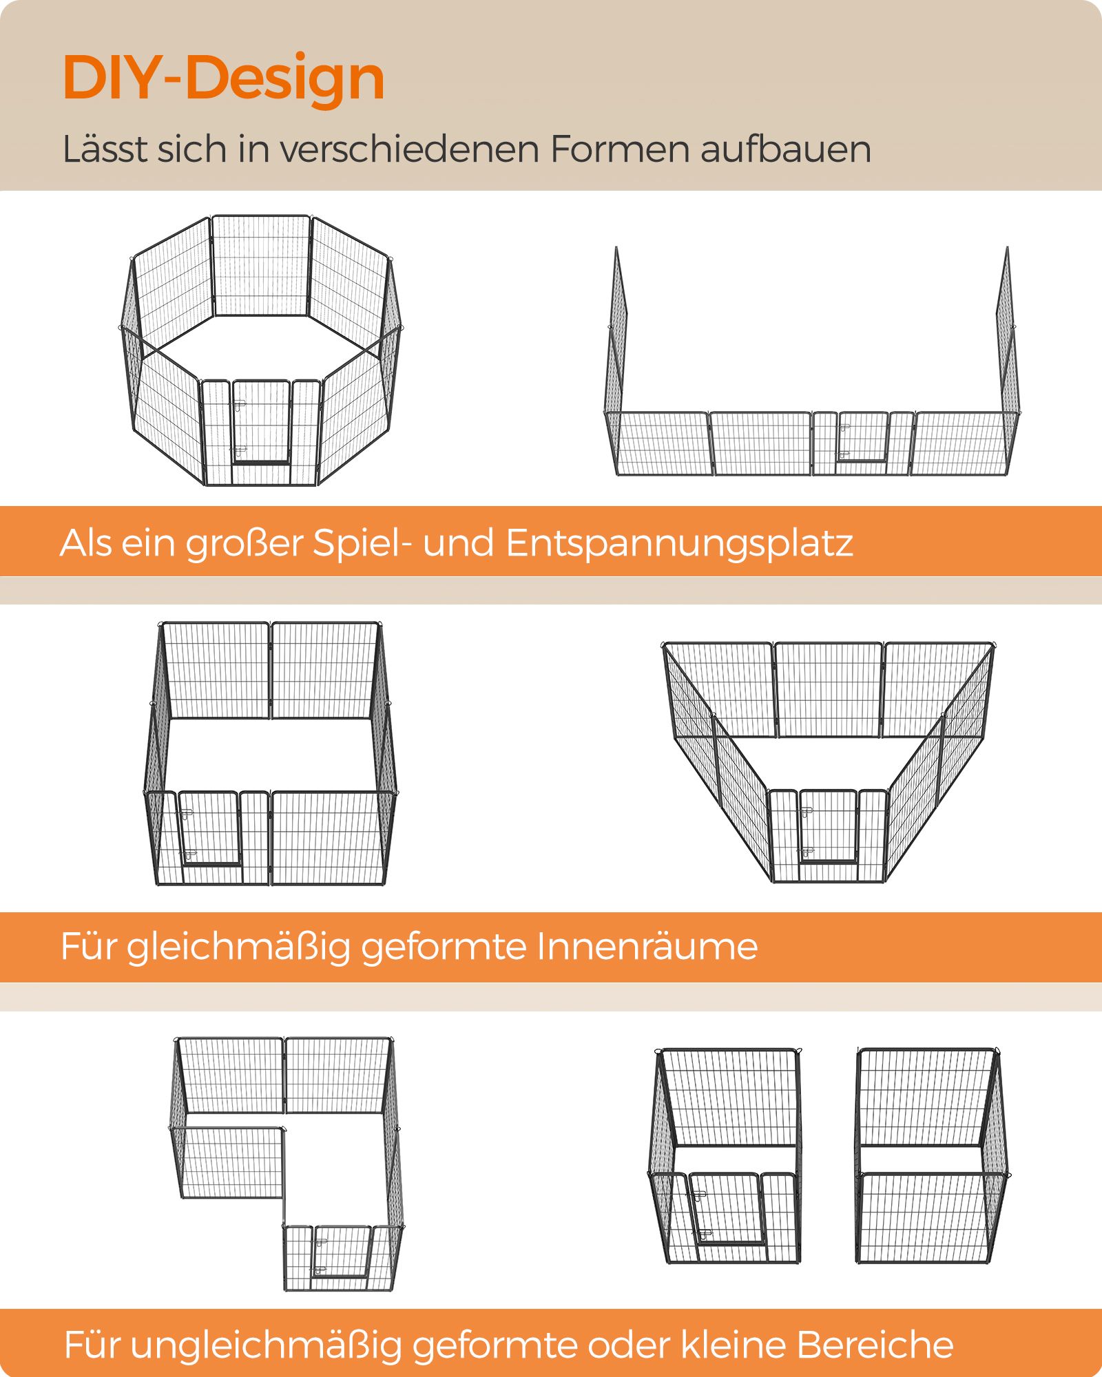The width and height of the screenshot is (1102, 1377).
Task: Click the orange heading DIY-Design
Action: point(223,77)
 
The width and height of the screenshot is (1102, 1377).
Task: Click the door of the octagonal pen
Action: point(261,423)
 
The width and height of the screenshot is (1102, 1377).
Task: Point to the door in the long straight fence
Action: point(862,438)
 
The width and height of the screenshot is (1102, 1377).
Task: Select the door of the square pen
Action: point(209,829)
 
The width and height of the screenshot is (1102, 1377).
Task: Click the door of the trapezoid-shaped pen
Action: point(828,826)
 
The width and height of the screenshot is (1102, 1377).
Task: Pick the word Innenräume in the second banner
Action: point(647,946)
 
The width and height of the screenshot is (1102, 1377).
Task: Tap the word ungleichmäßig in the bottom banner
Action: point(266,1345)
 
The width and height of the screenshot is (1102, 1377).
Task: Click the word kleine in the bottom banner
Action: point(733,1345)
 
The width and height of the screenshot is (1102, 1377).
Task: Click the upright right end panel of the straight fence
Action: point(1008,337)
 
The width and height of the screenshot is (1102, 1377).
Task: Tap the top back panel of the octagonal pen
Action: point(261,265)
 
